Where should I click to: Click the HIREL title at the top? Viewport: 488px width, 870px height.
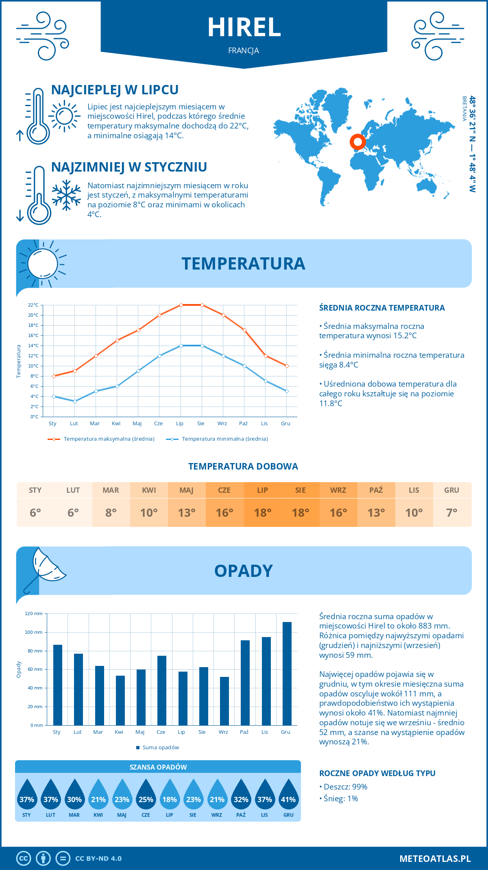click(x=244, y=28)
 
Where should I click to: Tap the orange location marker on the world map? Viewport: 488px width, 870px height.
click(x=357, y=142)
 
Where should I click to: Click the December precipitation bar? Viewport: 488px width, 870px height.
click(x=287, y=674)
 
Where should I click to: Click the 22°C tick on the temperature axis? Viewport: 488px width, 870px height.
click(x=33, y=305)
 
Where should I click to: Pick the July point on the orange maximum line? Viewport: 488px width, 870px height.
click(x=181, y=305)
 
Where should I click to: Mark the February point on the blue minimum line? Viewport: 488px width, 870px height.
click(x=75, y=401)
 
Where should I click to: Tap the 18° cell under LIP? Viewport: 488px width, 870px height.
click(x=262, y=513)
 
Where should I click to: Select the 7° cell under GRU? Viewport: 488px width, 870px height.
click(x=452, y=513)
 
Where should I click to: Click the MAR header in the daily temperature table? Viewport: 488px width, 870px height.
click(x=111, y=490)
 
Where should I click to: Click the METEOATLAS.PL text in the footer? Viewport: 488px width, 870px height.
click(x=435, y=859)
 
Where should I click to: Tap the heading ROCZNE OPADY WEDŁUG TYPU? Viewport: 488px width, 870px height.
click(x=377, y=773)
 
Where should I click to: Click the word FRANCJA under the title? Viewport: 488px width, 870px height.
click(x=244, y=51)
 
